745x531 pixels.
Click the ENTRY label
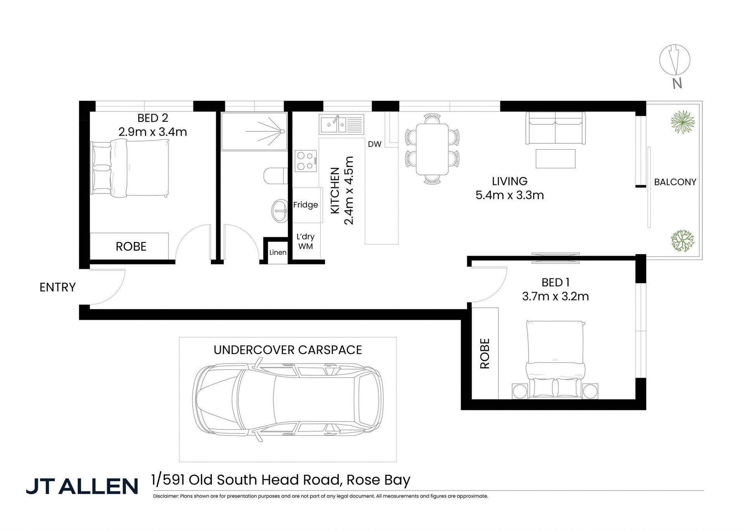click(x=57, y=287)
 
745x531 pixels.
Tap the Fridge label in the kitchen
click(x=305, y=205)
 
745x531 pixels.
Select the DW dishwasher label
click(x=374, y=144)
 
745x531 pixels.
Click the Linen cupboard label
click(x=278, y=252)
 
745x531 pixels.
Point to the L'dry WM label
click(x=305, y=241)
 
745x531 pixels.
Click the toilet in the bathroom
click(x=274, y=176)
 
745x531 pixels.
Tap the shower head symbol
click(x=282, y=131)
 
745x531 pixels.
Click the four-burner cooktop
click(x=305, y=161)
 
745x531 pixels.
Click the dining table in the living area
click(x=432, y=149)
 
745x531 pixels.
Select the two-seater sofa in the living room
click(x=555, y=128)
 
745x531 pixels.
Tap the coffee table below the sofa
click(x=555, y=159)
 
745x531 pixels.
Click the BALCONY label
click(x=675, y=182)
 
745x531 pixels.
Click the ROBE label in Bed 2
click(x=131, y=247)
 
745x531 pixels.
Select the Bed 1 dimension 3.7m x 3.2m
click(x=555, y=297)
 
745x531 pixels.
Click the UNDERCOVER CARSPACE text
click(x=288, y=350)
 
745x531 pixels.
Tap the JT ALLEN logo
click(x=82, y=486)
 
